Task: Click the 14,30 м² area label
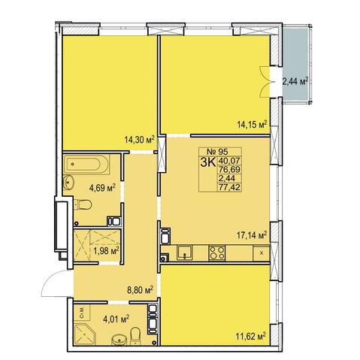tap(139, 139)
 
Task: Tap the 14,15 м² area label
tap(252, 124)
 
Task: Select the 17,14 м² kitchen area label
tap(252, 235)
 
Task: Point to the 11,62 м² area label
tap(251, 336)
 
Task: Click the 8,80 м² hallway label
tap(141, 290)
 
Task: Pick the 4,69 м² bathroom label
tap(102, 187)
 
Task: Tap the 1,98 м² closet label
tap(106, 251)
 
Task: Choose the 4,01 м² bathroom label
tap(116, 319)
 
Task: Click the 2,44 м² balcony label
tap(295, 82)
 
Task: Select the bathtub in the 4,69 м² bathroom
tap(86, 165)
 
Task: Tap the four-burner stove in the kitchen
tap(217, 253)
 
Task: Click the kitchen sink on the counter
tap(185, 253)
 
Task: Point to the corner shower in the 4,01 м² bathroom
tap(85, 334)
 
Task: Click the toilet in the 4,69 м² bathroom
tap(83, 204)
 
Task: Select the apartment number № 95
tap(218, 152)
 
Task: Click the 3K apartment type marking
tap(208, 162)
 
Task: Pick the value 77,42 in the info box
tap(229, 187)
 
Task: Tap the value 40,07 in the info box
tap(229, 160)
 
